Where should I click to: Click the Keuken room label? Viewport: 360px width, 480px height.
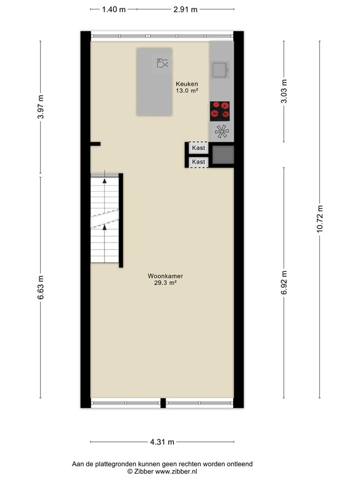[x=186, y=83]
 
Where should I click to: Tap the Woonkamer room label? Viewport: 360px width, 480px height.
[x=165, y=276]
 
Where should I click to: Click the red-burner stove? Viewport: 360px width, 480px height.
[x=220, y=110]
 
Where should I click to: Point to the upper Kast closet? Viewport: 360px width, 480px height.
[x=199, y=149]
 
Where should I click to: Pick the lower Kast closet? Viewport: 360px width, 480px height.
[x=199, y=162]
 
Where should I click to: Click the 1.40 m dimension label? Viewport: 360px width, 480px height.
[x=113, y=9]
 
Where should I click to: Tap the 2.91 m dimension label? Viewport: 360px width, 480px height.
[x=185, y=9]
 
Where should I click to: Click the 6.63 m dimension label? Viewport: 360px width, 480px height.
[x=41, y=287]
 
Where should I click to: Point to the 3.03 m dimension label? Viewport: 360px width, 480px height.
[x=284, y=90]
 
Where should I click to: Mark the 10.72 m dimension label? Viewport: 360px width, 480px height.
[x=319, y=218]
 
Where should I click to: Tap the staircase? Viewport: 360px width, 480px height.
[x=104, y=219]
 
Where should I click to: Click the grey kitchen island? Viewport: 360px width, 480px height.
[x=155, y=82]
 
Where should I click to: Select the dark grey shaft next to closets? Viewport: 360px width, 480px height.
[x=223, y=155]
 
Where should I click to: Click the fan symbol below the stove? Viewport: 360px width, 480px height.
[x=221, y=131]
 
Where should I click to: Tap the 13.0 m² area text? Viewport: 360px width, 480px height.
[x=186, y=91]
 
